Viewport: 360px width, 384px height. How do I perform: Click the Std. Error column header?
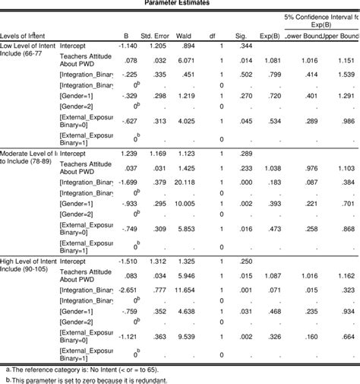(x=155, y=35)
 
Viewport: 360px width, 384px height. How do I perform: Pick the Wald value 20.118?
(x=187, y=181)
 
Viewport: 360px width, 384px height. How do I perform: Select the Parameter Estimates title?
(x=179, y=3)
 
